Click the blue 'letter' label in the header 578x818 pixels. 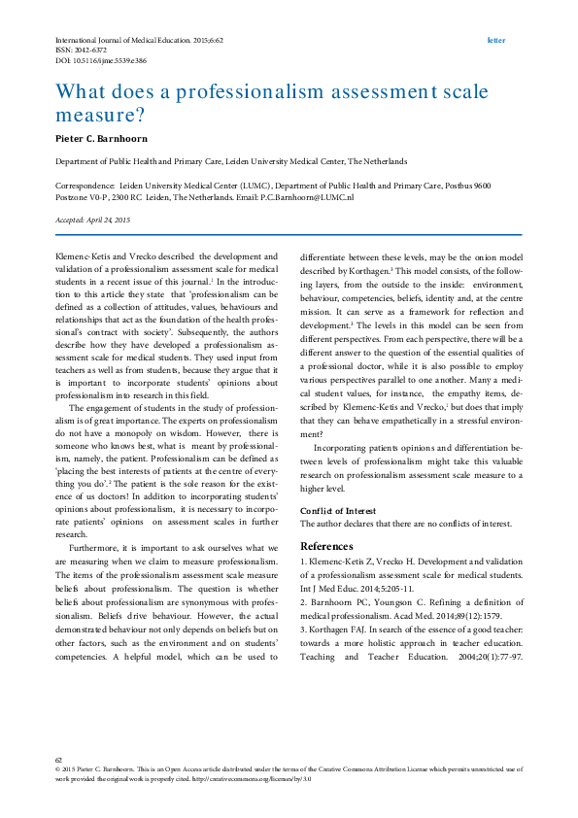coord(495,41)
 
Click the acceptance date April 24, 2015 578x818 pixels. coord(113,221)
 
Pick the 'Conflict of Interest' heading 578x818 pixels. coord(337,510)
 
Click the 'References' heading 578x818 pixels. coord(326,546)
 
